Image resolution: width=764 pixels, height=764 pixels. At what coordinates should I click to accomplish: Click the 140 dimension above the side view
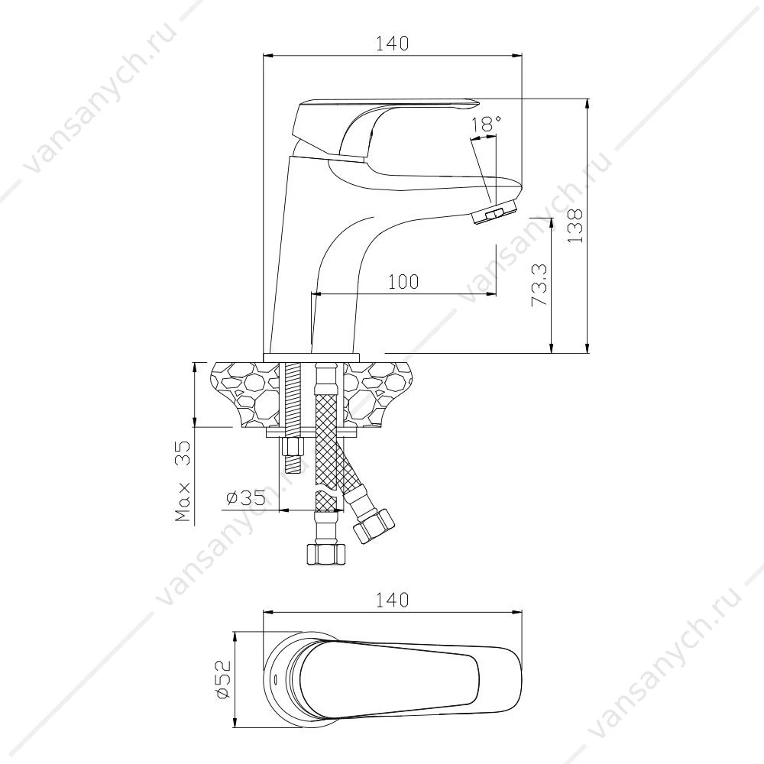[392, 44]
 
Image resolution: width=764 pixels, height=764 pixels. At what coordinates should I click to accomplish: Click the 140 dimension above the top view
[392, 600]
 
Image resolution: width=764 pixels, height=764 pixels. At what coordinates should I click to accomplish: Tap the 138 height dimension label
[575, 226]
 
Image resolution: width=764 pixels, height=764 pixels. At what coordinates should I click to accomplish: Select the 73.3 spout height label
[539, 285]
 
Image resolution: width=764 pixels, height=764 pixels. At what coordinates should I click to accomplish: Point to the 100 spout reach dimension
[403, 281]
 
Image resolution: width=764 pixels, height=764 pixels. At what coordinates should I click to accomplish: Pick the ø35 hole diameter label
[246, 498]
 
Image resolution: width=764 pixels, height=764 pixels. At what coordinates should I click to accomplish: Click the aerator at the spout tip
[494, 212]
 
